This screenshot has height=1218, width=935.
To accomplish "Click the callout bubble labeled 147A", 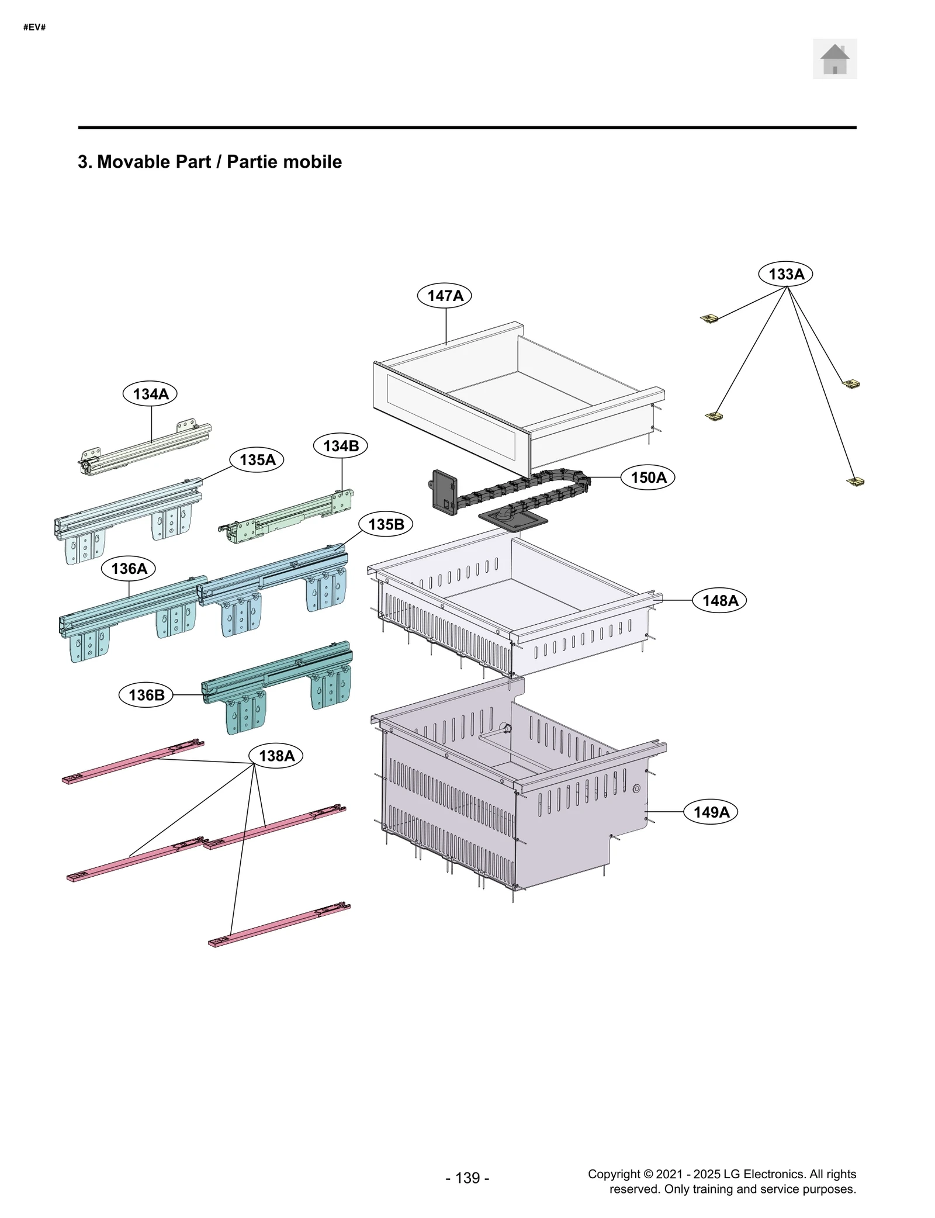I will [444, 296].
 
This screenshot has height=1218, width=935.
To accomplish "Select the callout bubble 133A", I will [785, 274].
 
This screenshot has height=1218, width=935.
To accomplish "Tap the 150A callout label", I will [648, 477].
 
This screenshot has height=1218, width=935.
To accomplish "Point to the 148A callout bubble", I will [719, 600].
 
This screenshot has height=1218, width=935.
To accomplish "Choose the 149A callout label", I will [711, 812].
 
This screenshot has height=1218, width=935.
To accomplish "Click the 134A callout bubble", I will [150, 394].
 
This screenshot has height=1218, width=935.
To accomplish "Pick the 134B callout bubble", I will [341, 446].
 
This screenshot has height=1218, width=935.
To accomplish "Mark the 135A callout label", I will [257, 460].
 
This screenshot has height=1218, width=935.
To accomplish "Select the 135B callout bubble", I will [386, 524].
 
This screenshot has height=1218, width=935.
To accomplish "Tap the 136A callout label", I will [129, 569].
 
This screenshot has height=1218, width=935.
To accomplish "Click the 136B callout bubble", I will [146, 695].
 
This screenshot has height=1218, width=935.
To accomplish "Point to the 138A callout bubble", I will [276, 756].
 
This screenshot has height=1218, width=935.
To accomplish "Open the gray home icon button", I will [834, 59].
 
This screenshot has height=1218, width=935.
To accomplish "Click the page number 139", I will [467, 1178].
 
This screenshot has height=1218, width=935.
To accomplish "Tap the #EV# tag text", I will [34, 27].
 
